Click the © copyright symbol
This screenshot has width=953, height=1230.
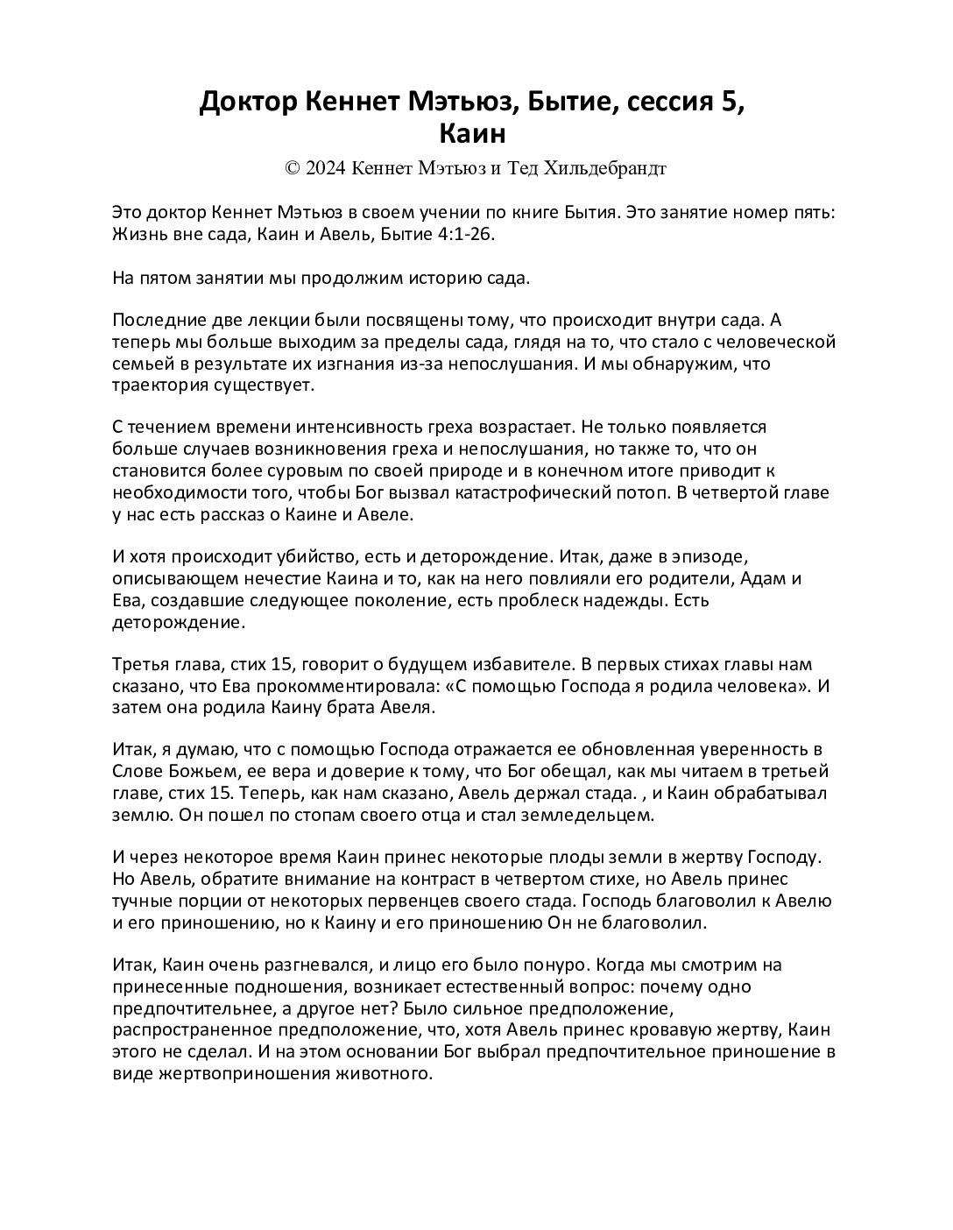[292, 168]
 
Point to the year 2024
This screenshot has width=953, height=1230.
[325, 168]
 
